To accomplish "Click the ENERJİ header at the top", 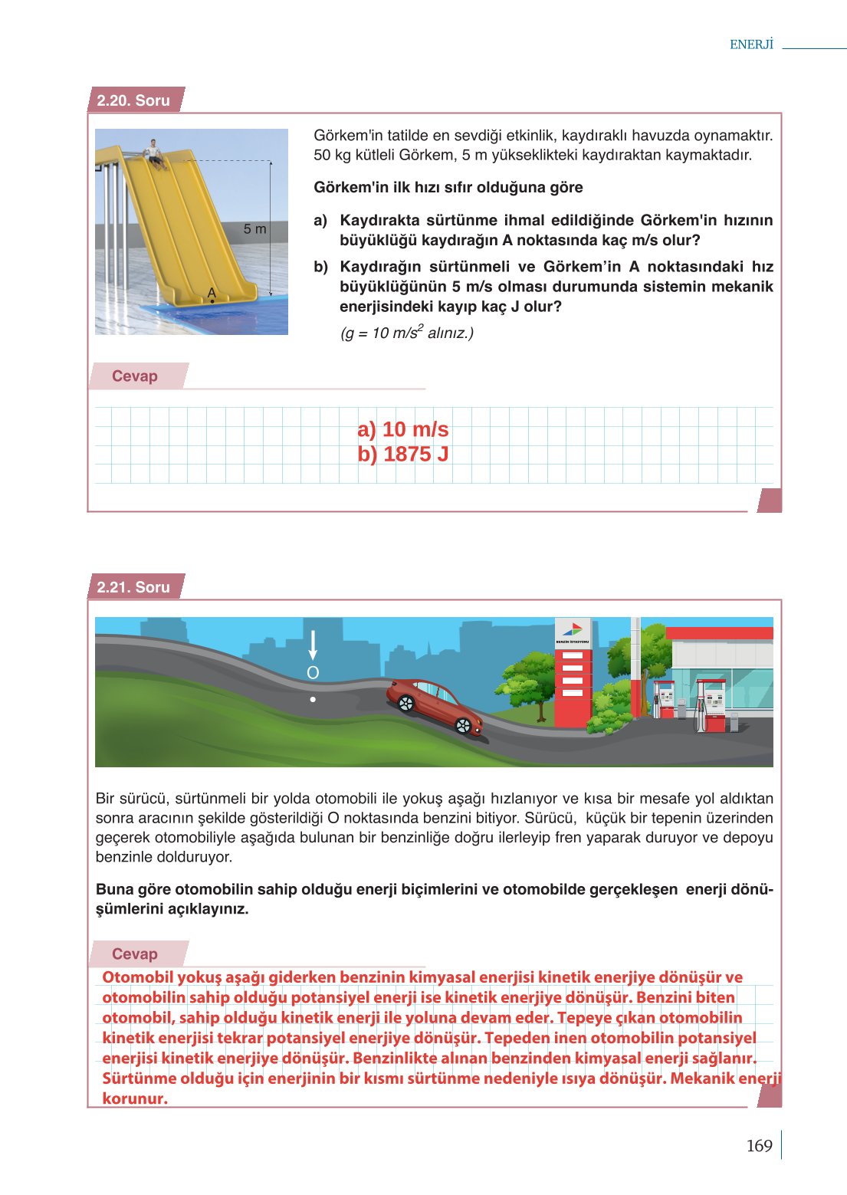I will [x=751, y=44].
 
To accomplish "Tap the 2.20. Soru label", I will [x=133, y=100].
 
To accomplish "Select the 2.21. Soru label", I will [x=133, y=587].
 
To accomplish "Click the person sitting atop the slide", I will [x=155, y=152].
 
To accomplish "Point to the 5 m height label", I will [x=254, y=228].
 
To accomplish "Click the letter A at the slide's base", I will [x=212, y=293].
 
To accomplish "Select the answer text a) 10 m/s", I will [x=402, y=429].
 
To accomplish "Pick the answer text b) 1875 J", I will [x=402, y=455].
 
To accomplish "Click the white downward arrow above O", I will [x=313, y=645].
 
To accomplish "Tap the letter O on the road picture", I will [x=313, y=673].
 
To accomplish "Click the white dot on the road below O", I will [x=313, y=699].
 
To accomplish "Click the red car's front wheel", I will [x=463, y=725].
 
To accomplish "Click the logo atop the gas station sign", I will [x=572, y=629].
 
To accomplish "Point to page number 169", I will [x=759, y=1146].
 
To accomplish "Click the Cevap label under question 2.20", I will [x=135, y=376].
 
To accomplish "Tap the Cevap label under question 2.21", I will [x=135, y=954].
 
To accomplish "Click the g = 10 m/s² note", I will [x=407, y=333].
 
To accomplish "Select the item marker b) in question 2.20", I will [x=320, y=267].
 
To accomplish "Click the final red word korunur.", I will [x=135, y=1098].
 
